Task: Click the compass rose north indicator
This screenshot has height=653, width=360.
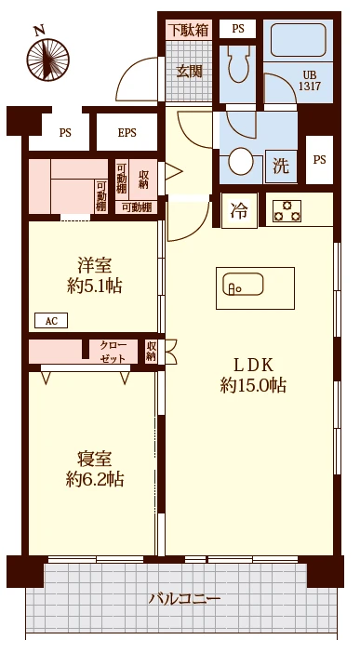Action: click(47, 56)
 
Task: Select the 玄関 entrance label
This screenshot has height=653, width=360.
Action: click(190, 72)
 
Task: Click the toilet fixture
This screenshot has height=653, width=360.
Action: click(237, 63)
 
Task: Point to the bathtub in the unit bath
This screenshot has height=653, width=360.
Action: click(298, 40)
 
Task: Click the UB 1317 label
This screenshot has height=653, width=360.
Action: click(310, 81)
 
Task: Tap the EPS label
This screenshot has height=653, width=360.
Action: click(127, 132)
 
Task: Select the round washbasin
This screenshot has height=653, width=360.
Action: click(240, 161)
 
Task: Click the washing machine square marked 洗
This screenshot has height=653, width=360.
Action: click(281, 167)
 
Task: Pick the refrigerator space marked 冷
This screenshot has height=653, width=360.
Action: click(239, 211)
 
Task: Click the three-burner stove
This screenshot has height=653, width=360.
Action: click(287, 211)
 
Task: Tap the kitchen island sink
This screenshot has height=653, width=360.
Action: click(243, 285)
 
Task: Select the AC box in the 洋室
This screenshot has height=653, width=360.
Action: click(51, 321)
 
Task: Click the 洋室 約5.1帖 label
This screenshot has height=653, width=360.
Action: click(95, 276)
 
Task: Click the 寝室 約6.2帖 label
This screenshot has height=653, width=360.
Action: click(95, 469)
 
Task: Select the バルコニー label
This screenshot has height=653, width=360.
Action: click(184, 599)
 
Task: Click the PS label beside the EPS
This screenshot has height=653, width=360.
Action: click(65, 133)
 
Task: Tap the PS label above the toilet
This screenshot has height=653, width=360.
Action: click(238, 29)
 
